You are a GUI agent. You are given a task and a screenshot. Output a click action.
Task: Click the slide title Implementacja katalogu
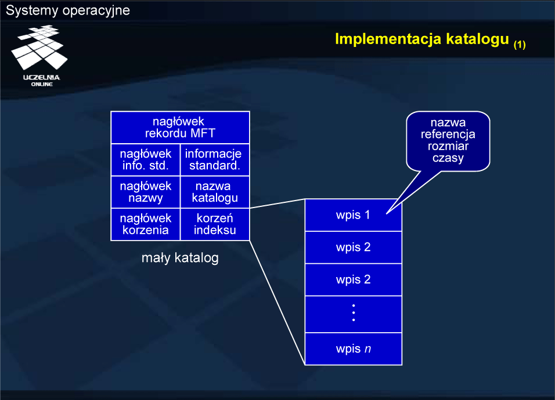tap(423, 39)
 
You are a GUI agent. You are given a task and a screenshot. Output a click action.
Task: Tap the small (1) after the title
tap(519, 44)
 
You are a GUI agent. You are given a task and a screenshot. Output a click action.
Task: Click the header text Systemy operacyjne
tap(68, 10)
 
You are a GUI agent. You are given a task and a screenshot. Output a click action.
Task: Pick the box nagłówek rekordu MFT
tap(180, 128)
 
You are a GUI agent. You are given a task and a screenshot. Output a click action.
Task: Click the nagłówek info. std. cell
tap(146, 159)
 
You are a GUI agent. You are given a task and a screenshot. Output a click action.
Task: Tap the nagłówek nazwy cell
tap(146, 192)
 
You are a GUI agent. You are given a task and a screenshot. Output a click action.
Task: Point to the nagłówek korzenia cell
tap(146, 224)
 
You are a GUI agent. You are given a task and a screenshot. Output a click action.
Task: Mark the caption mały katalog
tap(180, 258)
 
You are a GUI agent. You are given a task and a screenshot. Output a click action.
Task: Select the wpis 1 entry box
tap(353, 215)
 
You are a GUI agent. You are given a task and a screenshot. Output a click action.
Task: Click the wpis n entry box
tap(353, 349)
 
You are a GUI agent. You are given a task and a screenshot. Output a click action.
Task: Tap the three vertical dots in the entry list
tap(353, 312)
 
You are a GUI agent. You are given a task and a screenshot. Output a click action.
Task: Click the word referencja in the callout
tap(448, 134)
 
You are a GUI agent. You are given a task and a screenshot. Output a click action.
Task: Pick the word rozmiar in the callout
tap(448, 146)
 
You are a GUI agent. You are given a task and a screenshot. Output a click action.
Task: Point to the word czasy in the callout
tap(448, 158)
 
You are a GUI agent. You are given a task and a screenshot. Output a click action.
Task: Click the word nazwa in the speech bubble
tap(448, 123)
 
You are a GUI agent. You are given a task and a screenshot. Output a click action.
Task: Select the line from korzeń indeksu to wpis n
tap(277, 301)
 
